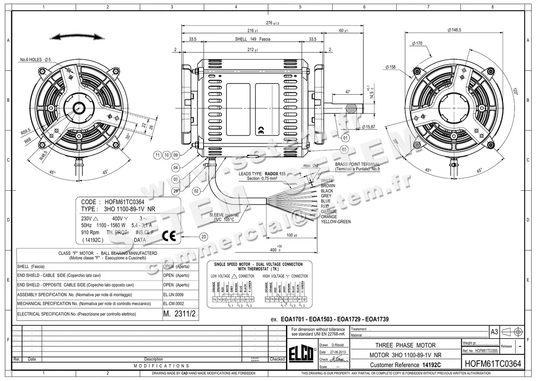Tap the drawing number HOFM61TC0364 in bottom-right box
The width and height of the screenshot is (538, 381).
pos(493,363)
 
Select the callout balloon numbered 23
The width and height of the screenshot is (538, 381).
pos(204,236)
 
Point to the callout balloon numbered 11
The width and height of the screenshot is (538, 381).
pos(157,155)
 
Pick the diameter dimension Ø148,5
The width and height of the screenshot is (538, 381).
pos(454,30)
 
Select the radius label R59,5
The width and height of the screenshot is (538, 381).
pos(25,131)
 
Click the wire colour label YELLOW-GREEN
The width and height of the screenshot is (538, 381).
pos(336,222)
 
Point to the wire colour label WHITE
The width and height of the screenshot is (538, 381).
pos(327,180)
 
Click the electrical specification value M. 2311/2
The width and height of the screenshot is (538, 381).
pos(180,314)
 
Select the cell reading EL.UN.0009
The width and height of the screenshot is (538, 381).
pos(174,294)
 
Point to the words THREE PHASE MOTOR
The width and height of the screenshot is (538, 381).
pos(405,345)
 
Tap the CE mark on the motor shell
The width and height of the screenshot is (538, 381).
pos(261,131)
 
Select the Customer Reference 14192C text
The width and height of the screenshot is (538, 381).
pos(405,365)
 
